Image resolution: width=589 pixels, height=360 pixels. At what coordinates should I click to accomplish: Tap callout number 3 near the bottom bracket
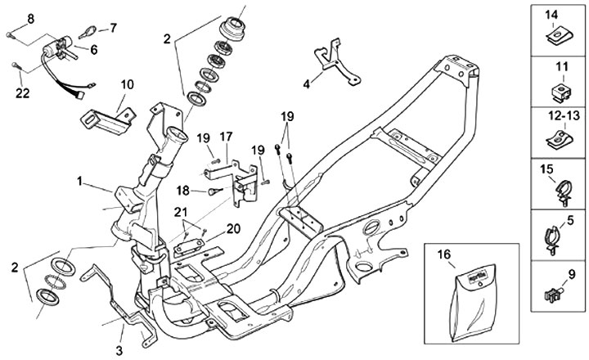click(119, 350)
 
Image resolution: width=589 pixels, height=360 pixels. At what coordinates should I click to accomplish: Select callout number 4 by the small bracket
click(306, 83)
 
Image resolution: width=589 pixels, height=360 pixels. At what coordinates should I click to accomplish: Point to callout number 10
click(127, 83)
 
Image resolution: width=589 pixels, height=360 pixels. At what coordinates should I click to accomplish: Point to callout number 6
click(92, 49)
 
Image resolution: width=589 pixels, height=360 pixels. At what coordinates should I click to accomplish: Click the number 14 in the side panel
click(551, 14)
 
